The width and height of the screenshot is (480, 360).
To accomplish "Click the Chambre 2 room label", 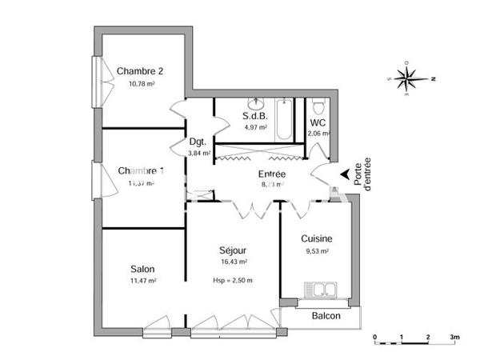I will point(141,70).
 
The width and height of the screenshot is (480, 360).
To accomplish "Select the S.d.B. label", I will point(254,115).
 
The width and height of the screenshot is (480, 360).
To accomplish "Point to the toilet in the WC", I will point(318,106).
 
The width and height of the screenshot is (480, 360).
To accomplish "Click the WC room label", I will point(317,122).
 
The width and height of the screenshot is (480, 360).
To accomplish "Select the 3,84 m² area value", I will point(198,154).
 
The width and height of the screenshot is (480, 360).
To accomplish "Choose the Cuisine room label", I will point(317,238).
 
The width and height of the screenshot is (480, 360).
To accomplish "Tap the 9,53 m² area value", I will point(317,251).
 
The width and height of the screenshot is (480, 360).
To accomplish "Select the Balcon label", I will point(326,316).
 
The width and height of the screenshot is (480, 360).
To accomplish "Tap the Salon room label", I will point(142,269).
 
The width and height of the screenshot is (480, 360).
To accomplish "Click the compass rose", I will point(409,78).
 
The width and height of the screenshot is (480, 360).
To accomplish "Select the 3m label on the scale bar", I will point(455,337).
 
